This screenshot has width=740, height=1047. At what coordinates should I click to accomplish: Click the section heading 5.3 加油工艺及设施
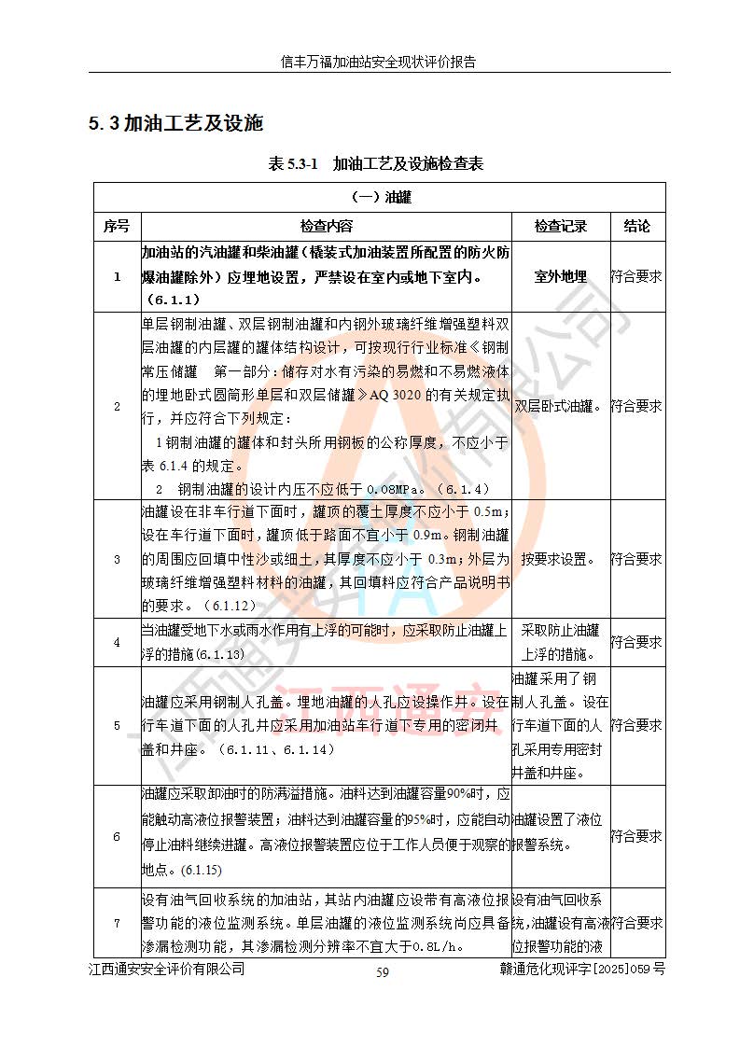(x=176, y=123)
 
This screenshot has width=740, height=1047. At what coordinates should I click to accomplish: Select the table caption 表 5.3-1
(x=293, y=164)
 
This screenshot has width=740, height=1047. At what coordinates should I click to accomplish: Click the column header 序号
(x=117, y=227)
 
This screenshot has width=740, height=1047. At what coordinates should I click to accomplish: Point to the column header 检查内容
(x=327, y=227)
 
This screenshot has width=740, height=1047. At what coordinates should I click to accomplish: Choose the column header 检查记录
(x=561, y=227)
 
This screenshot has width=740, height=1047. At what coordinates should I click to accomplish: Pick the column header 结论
(x=637, y=227)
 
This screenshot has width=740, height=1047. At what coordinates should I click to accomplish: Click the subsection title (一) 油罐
(x=380, y=198)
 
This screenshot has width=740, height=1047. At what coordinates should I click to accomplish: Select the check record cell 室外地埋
(x=561, y=276)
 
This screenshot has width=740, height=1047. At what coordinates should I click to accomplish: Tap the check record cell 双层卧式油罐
(x=560, y=407)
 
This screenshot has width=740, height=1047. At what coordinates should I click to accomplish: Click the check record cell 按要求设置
(x=560, y=560)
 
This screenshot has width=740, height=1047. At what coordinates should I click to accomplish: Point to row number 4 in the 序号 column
(x=117, y=642)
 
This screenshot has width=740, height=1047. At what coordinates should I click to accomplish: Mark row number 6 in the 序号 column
(x=117, y=836)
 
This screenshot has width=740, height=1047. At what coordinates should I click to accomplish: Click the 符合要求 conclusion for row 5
(x=637, y=725)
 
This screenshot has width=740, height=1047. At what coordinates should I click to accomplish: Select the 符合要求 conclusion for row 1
(x=637, y=276)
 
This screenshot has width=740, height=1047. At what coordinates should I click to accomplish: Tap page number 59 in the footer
(x=383, y=972)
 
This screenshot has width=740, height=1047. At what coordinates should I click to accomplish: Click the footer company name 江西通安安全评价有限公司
(x=167, y=970)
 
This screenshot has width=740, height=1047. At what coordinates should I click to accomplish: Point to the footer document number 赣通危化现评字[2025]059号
(x=582, y=970)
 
